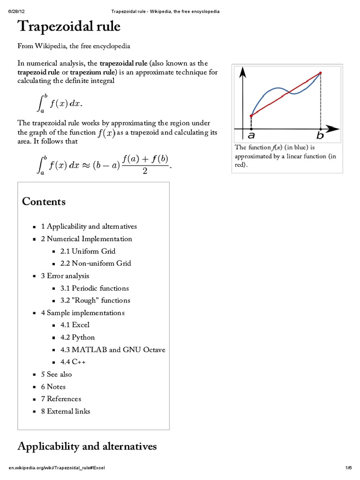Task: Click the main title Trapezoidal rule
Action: pyautogui.click(x=69, y=27)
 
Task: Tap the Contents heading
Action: pyautogui.click(x=44, y=202)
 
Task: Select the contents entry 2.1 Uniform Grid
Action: pyautogui.click(x=88, y=251)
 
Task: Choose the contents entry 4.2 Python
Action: pyautogui.click(x=77, y=337)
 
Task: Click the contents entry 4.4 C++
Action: pyautogui.click(x=73, y=362)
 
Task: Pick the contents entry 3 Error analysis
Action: pyautogui.click(x=65, y=276)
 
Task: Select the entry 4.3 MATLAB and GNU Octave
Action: pyautogui.click(x=112, y=350)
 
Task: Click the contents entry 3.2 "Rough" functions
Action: pyautogui.click(x=95, y=300)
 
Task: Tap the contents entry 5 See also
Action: pyautogui.click(x=56, y=374)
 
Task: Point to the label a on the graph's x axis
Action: pyautogui.click(x=251, y=136)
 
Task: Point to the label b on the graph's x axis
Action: pyautogui.click(x=320, y=136)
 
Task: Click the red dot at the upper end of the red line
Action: pyautogui.click(x=321, y=73)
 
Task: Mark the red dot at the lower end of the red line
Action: pyautogui.click(x=252, y=115)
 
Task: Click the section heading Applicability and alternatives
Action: pyautogui.click(x=87, y=446)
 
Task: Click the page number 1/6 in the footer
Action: pyautogui.click(x=349, y=468)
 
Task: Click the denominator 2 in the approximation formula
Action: pyautogui.click(x=145, y=171)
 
